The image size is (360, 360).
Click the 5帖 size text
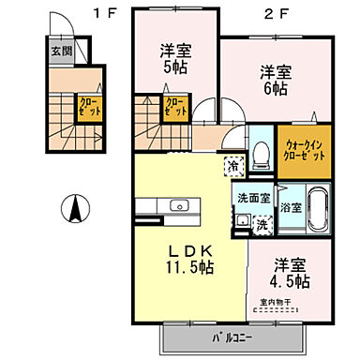point(174,67)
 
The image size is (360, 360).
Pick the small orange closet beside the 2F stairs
point(174,106)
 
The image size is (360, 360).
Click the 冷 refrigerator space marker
point(232,166)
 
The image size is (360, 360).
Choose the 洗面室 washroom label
point(252,198)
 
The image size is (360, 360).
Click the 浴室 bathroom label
point(292,206)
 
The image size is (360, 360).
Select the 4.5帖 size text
point(291,280)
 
